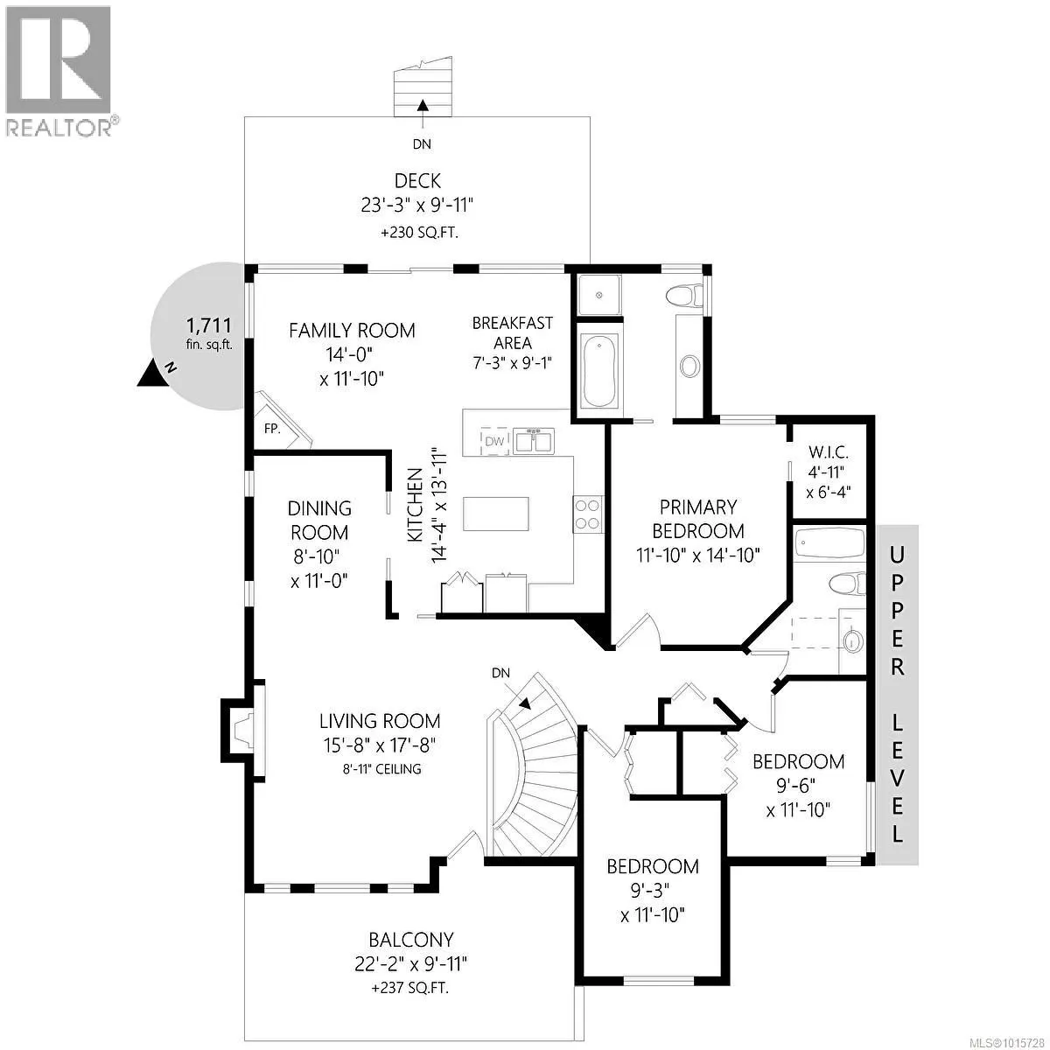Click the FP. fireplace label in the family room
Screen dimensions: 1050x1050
(x=272, y=429)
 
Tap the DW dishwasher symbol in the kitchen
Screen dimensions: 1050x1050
(x=494, y=441)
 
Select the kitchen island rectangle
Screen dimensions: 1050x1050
(x=496, y=514)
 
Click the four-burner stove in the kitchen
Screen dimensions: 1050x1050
(x=587, y=514)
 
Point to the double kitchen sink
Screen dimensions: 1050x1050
(x=534, y=441)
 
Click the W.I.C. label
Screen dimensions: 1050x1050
(x=829, y=452)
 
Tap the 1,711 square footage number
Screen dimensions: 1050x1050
(x=209, y=325)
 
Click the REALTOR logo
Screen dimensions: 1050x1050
(x=59, y=70)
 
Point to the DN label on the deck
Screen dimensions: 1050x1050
(x=422, y=143)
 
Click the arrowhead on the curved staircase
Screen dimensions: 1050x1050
(x=525, y=702)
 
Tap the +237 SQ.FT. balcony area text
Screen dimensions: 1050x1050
(x=409, y=1003)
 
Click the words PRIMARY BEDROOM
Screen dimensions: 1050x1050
(x=698, y=519)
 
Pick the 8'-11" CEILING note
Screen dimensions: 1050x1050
(x=382, y=769)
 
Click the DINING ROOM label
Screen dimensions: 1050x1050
(x=319, y=521)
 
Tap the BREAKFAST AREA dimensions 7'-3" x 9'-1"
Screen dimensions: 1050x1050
(x=512, y=362)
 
